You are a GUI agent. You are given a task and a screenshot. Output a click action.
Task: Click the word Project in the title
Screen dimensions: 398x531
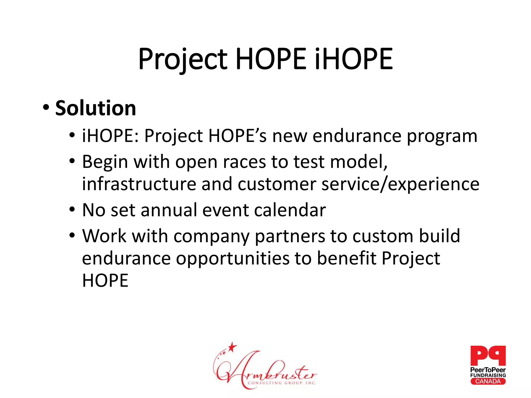[x=183, y=60]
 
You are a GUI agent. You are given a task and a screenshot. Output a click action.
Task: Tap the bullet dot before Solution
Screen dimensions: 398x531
[x=46, y=107]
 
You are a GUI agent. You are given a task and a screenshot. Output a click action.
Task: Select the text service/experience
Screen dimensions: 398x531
[x=400, y=184]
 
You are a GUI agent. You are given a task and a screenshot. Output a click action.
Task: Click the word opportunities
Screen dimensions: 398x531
[x=233, y=259]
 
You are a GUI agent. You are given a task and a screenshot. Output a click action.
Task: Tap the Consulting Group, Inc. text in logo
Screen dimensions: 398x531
[x=282, y=383]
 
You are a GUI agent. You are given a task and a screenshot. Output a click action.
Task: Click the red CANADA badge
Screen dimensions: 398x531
[x=488, y=381]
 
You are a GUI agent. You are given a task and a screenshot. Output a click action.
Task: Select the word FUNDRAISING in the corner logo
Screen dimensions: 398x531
[x=488, y=375]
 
